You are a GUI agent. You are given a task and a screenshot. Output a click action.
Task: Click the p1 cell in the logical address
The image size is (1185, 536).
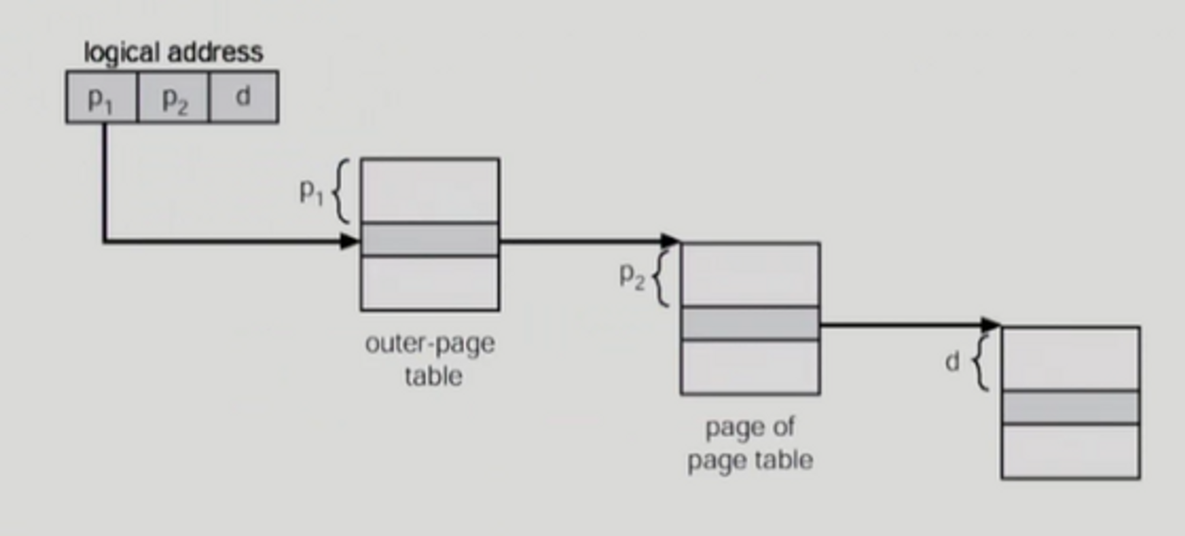(101, 97)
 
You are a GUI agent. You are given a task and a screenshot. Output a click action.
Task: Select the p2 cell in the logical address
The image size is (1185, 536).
(173, 97)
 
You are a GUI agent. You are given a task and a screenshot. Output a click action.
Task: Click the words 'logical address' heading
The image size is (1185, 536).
(173, 52)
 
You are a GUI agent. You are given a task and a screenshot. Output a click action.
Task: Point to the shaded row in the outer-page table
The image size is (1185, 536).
(430, 240)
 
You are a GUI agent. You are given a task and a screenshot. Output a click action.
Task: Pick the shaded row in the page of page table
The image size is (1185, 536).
(750, 323)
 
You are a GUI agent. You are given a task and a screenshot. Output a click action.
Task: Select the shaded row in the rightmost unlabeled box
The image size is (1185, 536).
(1071, 407)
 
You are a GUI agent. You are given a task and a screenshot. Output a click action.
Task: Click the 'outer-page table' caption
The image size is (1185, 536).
(431, 359)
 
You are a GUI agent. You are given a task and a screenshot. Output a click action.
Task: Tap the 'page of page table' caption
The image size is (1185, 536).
(750, 444)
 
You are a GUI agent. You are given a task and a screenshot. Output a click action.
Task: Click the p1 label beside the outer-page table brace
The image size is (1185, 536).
(311, 192)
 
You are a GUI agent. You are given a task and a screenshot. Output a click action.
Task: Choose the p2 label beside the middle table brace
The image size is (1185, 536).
(632, 276)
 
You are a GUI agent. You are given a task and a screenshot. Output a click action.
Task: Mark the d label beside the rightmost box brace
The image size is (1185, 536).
(952, 361)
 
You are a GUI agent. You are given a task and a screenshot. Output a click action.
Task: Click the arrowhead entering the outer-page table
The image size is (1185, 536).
(351, 241)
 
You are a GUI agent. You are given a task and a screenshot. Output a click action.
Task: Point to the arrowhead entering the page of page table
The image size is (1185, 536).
(671, 241)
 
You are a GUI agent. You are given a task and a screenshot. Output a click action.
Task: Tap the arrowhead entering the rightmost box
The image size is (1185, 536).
(991, 325)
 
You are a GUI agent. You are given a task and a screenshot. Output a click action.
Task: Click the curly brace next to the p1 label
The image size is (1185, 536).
(340, 191)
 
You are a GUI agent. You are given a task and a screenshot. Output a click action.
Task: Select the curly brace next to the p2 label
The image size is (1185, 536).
(661, 277)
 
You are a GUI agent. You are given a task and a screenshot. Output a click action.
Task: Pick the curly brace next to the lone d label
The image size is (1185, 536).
(981, 362)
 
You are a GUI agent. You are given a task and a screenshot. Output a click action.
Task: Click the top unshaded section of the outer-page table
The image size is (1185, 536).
(430, 191)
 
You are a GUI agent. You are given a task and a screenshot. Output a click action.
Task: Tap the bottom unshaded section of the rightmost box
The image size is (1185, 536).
(1071, 451)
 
